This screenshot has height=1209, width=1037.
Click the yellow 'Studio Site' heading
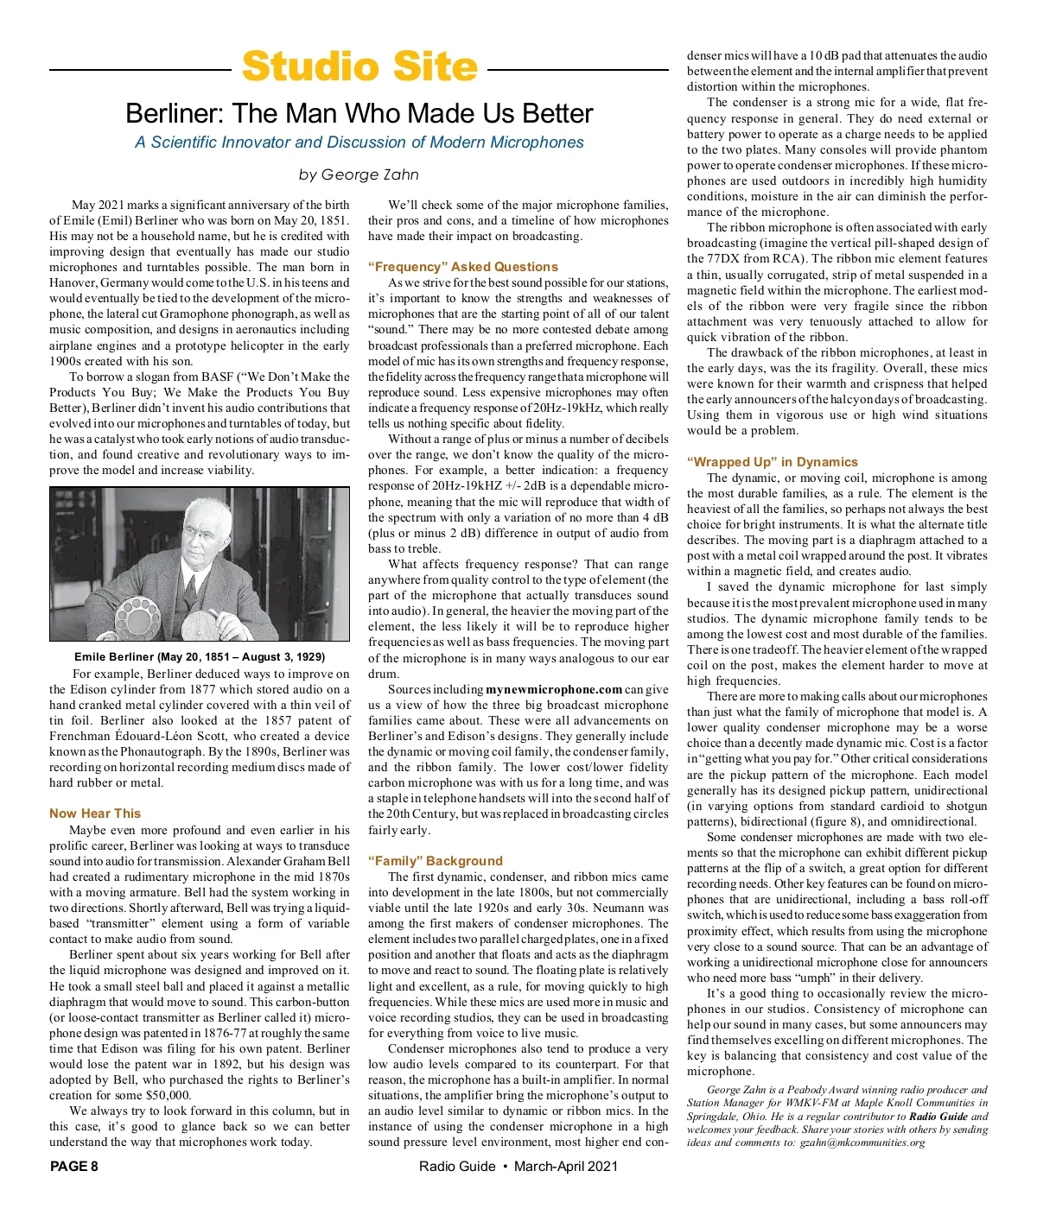359,67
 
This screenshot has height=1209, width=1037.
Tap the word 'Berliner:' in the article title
176,113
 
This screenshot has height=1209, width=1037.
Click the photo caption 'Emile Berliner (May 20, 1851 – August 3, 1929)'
200,657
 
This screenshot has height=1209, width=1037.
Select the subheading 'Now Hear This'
95,813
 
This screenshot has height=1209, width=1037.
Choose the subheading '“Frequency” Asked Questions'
463,267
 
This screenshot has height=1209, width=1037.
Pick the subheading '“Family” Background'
435,861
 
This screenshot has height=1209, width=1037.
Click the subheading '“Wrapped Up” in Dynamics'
773,462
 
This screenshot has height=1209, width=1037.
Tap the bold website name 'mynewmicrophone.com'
554,689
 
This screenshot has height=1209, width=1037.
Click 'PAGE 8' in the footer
74,1167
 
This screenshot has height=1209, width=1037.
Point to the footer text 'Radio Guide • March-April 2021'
518,1167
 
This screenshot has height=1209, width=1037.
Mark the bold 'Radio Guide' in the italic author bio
939,1116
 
